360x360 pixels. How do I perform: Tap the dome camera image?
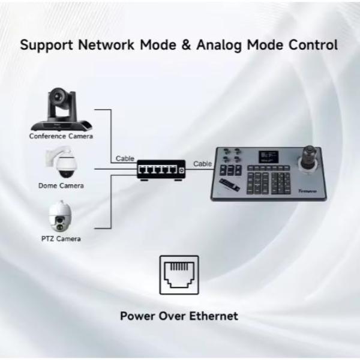61,162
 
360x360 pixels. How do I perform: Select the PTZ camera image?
60,216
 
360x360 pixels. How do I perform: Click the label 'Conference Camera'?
61,136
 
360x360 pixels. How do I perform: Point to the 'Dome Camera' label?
61,185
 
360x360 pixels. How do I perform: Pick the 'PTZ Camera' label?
61,239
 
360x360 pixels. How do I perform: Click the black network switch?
161,170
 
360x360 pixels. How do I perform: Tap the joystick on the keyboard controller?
308,158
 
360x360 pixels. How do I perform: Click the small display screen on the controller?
269,157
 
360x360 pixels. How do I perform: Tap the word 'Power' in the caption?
137,316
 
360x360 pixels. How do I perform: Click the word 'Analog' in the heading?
219,45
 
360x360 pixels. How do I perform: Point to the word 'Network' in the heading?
106,45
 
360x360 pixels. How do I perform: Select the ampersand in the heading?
186,45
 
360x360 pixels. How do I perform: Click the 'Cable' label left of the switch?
125,158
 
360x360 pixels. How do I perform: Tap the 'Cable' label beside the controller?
203,164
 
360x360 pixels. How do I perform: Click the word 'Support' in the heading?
47,45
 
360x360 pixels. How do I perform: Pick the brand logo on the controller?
308,191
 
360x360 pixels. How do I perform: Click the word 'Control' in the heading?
313,45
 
